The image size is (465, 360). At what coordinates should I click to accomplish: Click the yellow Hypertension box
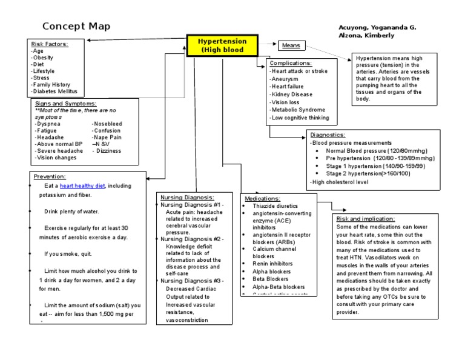coord(223,45)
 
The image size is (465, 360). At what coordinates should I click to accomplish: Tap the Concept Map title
coord(76,27)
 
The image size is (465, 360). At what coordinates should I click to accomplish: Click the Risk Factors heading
coord(49,44)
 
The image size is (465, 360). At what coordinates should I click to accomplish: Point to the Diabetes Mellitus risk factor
coord(55,92)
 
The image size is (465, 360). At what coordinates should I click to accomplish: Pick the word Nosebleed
coord(107,123)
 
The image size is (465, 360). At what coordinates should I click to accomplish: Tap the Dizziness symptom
coord(108,150)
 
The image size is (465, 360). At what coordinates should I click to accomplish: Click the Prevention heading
coord(49,176)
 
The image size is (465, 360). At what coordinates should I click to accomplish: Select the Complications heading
coord(291,63)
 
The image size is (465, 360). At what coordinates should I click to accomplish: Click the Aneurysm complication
coord(284,79)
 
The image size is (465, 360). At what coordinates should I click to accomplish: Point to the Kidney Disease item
coord(292,95)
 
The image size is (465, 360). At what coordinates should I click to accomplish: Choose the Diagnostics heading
coord(328,135)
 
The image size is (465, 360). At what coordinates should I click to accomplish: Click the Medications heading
coord(262,198)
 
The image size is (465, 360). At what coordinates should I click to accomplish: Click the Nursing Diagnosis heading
coord(186,198)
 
